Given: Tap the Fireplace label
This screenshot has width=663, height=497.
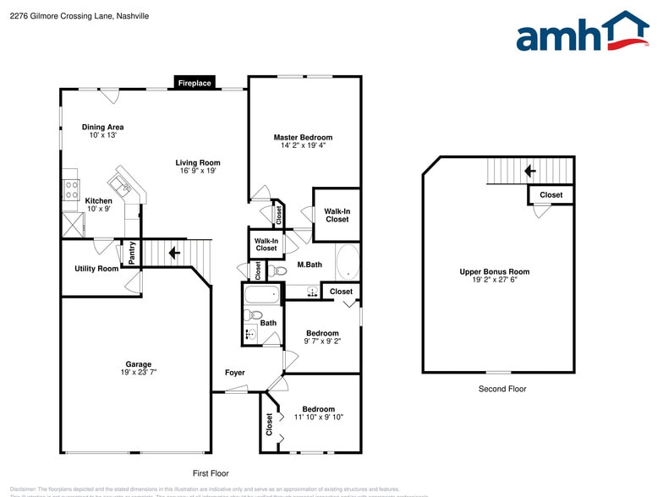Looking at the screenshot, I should click(195, 83).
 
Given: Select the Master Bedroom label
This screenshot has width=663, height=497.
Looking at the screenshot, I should click(303, 137).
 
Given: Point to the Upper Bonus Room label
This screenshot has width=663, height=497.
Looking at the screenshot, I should click(495, 271).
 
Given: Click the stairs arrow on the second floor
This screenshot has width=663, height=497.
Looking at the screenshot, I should click(530, 171).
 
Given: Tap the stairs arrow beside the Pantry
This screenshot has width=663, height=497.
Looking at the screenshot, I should click(175, 253).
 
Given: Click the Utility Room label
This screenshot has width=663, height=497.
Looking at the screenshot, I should click(96, 269).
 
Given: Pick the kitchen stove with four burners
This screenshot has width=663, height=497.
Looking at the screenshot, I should click(71, 190).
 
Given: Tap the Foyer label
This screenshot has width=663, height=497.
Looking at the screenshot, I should click(234, 373).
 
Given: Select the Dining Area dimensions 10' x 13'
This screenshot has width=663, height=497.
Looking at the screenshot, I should click(103, 135).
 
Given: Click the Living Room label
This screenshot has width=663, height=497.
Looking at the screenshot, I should click(198, 163).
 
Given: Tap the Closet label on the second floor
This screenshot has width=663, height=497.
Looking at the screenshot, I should click(551, 195).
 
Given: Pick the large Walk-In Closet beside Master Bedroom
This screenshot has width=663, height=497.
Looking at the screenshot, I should click(337, 215).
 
